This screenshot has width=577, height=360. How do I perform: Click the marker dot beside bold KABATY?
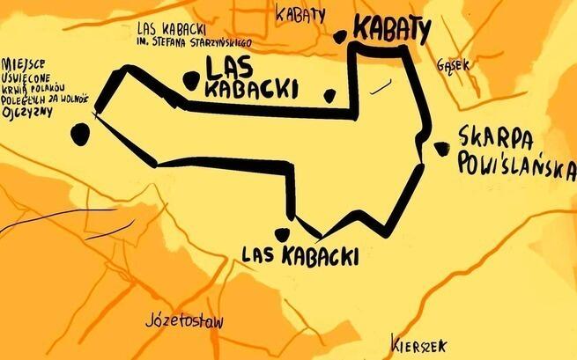tap(341, 37)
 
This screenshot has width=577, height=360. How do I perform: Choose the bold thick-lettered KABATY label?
tap(391, 30)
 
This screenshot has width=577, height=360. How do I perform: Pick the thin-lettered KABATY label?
tap(300, 13)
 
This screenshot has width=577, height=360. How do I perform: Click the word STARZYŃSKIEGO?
tap(216, 41)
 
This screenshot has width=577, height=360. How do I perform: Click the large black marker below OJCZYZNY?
tap(80, 134)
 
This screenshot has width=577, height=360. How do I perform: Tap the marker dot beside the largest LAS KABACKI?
tap(189, 80)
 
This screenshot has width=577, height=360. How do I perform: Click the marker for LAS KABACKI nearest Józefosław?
tap(283, 233)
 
